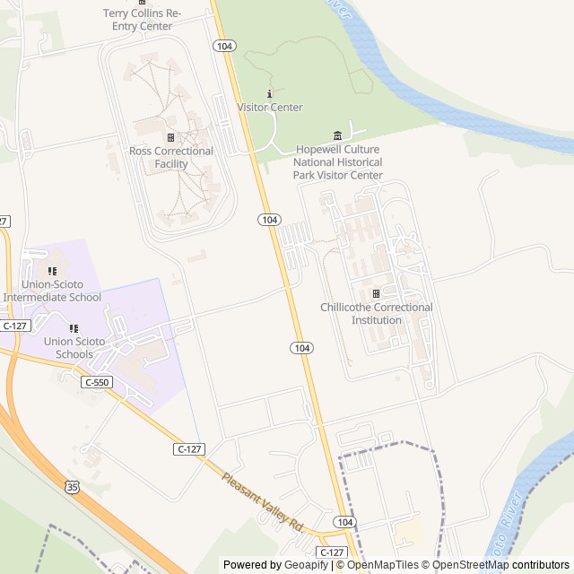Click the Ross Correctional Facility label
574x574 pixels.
coord(171,158)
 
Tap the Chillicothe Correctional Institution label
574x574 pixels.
coord(377,313)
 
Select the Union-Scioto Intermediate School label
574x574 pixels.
coord(53,291)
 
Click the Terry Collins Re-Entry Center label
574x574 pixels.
coord(143,19)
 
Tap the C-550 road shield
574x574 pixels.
coord(97,382)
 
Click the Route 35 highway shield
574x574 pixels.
coord(71,486)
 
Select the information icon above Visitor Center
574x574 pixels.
coord(270,94)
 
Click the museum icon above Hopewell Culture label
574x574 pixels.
coord(337,135)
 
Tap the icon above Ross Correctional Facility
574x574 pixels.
coord(170,137)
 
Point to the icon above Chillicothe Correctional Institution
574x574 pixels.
coord(376,293)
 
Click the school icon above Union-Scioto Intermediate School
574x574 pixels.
coord(52,271)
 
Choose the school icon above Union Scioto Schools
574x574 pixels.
coord(74,328)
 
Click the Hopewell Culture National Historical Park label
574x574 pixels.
coord(337,161)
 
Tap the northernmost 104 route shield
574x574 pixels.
coord(223,45)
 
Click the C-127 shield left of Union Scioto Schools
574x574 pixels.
coord(13,326)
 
